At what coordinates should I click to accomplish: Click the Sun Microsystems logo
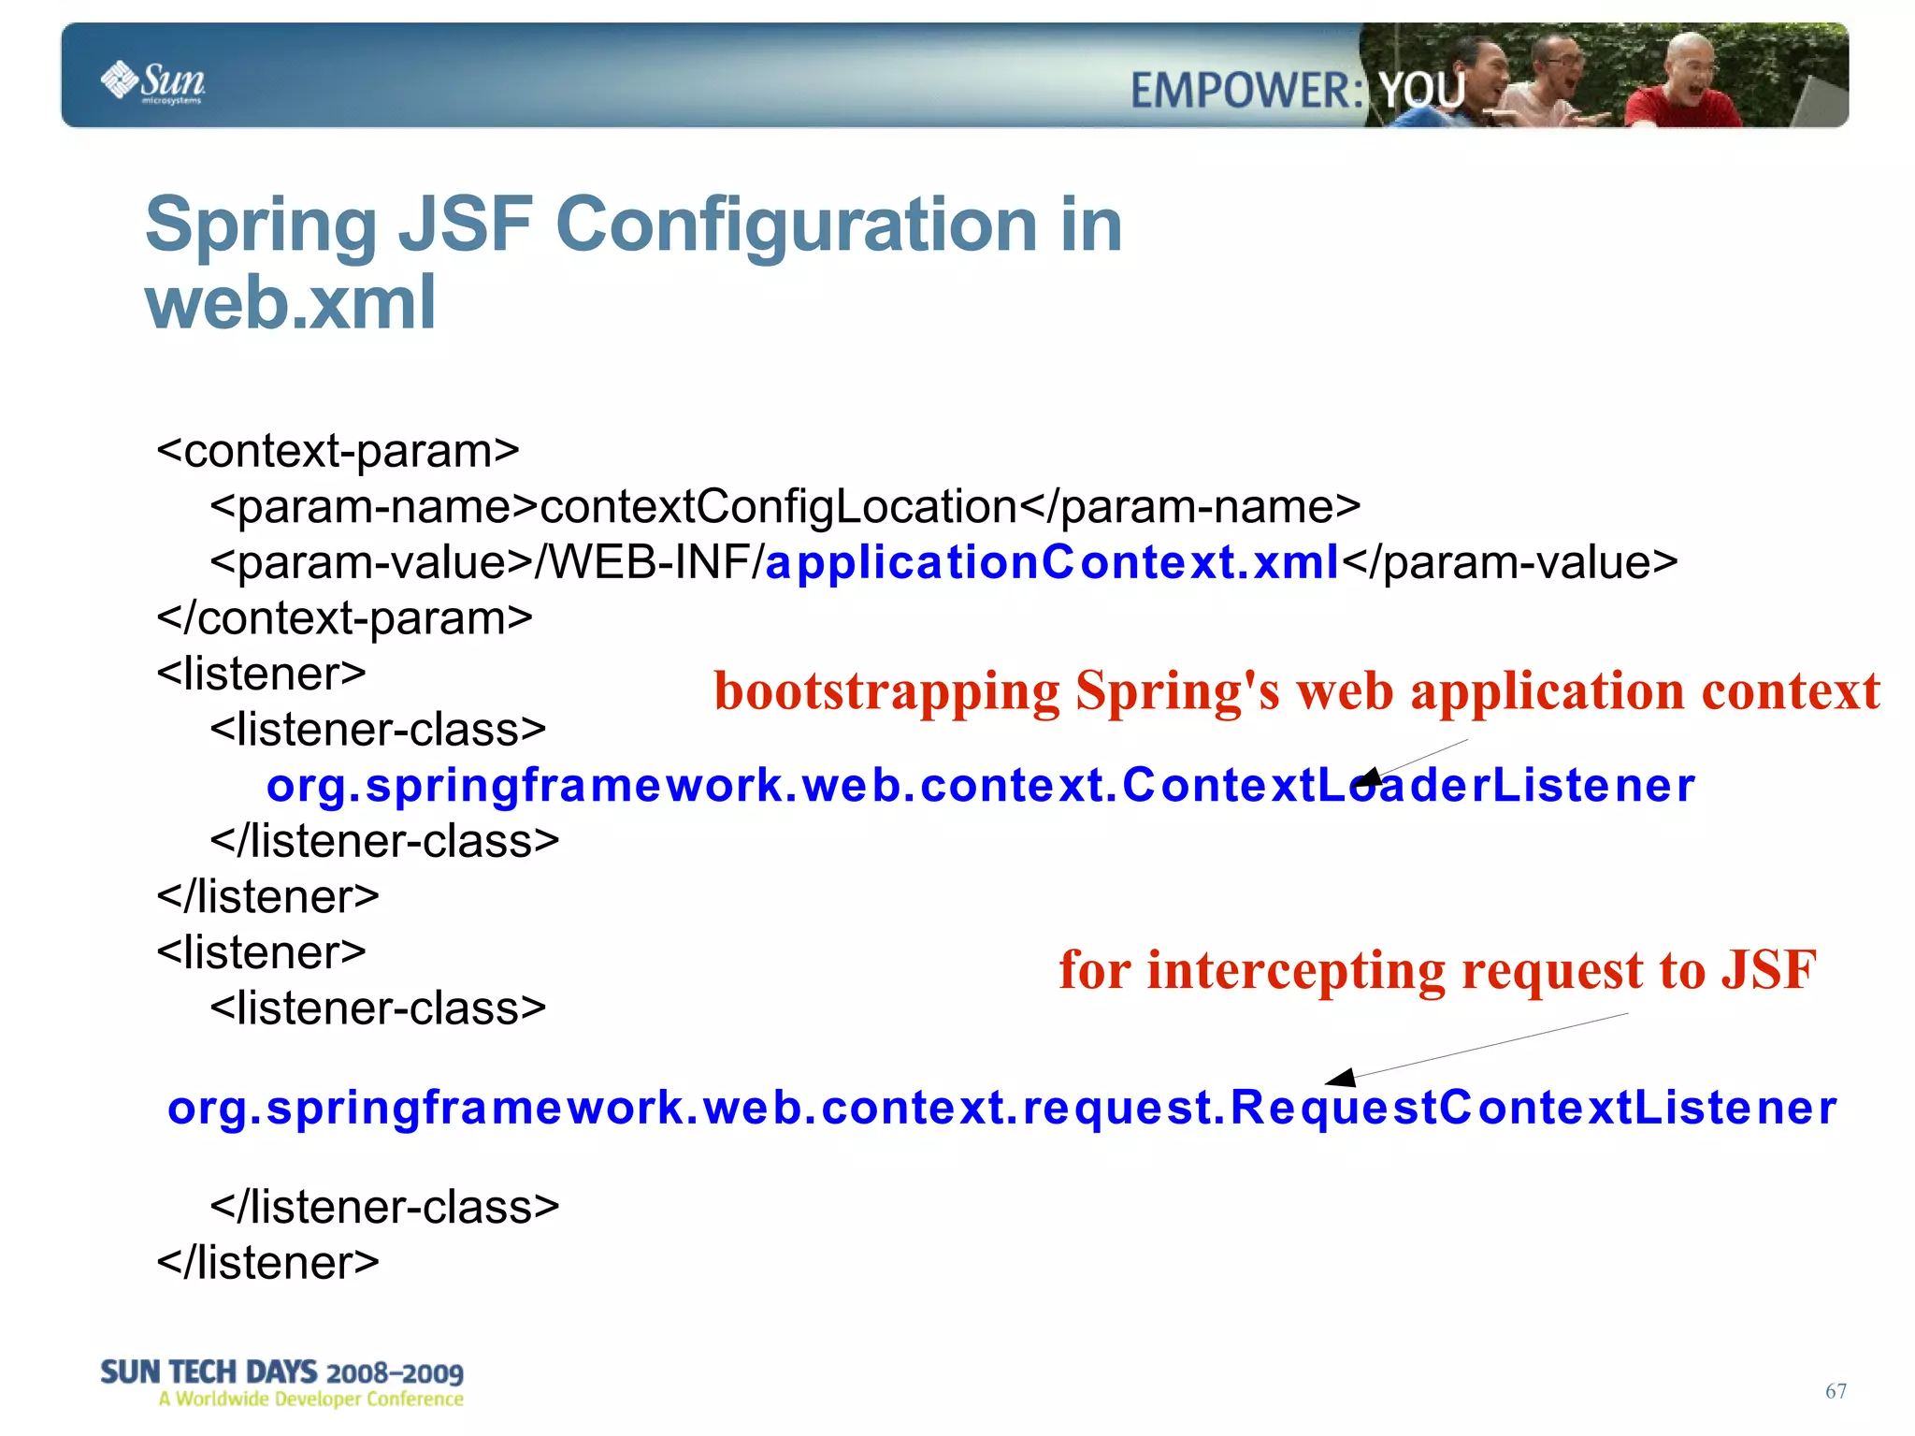tap(152, 81)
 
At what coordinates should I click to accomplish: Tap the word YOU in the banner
tap(1422, 91)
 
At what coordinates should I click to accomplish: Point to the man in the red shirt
tap(1678, 89)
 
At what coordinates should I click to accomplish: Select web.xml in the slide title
tap(291, 303)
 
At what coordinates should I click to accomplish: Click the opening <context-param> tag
tap(338, 451)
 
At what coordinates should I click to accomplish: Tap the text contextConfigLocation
tap(778, 507)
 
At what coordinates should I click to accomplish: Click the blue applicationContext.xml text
tap(1052, 562)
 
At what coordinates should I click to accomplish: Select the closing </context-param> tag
tap(344, 618)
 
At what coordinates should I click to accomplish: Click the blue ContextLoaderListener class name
tap(1407, 785)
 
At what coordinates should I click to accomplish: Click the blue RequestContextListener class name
tap(1533, 1108)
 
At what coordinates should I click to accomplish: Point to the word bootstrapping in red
tap(886, 691)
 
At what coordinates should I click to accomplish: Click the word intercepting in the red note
tap(1295, 970)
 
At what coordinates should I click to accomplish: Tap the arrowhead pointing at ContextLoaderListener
tap(1368, 777)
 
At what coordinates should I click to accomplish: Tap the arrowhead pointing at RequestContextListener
tap(1341, 1078)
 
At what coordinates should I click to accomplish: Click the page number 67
tap(1836, 1391)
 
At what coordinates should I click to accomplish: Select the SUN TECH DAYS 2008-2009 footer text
tap(281, 1372)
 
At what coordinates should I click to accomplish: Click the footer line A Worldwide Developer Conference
tap(310, 1400)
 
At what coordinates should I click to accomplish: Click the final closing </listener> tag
tap(267, 1263)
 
